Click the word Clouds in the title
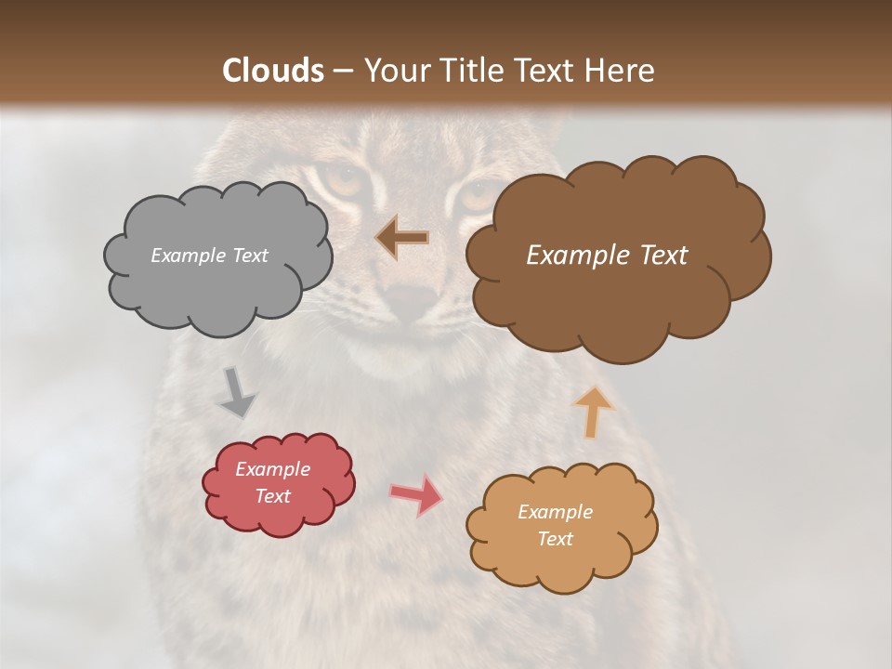point(273,71)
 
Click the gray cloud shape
point(217,288)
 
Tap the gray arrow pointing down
point(237,394)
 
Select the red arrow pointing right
point(416,493)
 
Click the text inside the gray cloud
point(209,256)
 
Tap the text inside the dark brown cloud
point(607,256)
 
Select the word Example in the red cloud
point(272,469)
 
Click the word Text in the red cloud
point(272,496)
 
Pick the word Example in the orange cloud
point(555,512)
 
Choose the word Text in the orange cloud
point(555,539)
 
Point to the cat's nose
point(411,299)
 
